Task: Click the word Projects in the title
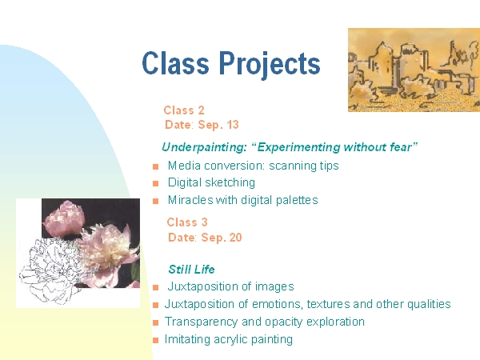point(270,64)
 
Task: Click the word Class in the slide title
point(176,62)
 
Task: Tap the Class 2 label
point(184,110)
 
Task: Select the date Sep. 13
point(218,125)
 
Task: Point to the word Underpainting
point(204,147)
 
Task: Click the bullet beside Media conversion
point(156,167)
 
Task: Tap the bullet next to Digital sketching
point(156,184)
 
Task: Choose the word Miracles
point(190,200)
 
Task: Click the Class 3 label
point(187,222)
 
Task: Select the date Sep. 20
point(222,238)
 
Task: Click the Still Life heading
point(191,270)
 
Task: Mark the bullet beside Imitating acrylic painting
point(156,341)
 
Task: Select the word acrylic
point(230,339)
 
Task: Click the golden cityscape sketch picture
point(414,70)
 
